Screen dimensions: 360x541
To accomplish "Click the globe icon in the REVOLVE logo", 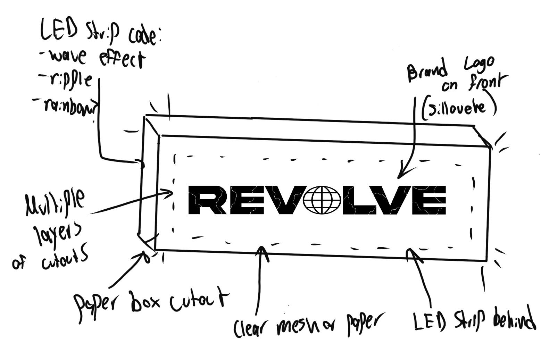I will click(317, 200).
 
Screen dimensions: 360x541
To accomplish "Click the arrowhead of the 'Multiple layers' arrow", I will click(170, 193).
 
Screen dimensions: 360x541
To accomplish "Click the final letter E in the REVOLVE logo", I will click(434, 200).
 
